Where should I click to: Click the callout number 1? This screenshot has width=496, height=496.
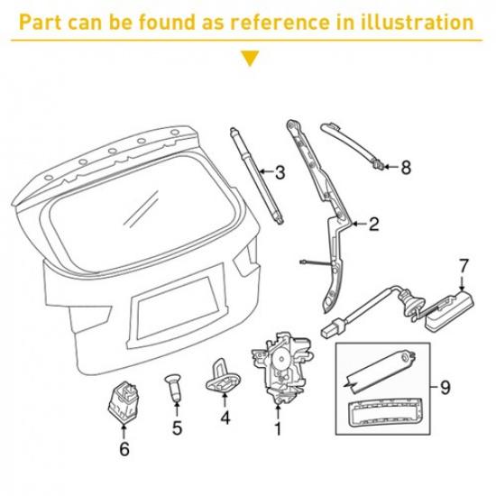click(278, 430)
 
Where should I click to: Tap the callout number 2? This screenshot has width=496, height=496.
click(373, 221)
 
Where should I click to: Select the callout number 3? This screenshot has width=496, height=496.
click(280, 172)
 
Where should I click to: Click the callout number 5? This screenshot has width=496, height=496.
click(177, 428)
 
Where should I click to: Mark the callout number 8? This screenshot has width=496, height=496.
click(405, 167)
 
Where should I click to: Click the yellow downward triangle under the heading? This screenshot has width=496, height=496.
click(248, 60)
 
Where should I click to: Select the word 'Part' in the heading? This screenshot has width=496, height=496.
click(41, 22)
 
